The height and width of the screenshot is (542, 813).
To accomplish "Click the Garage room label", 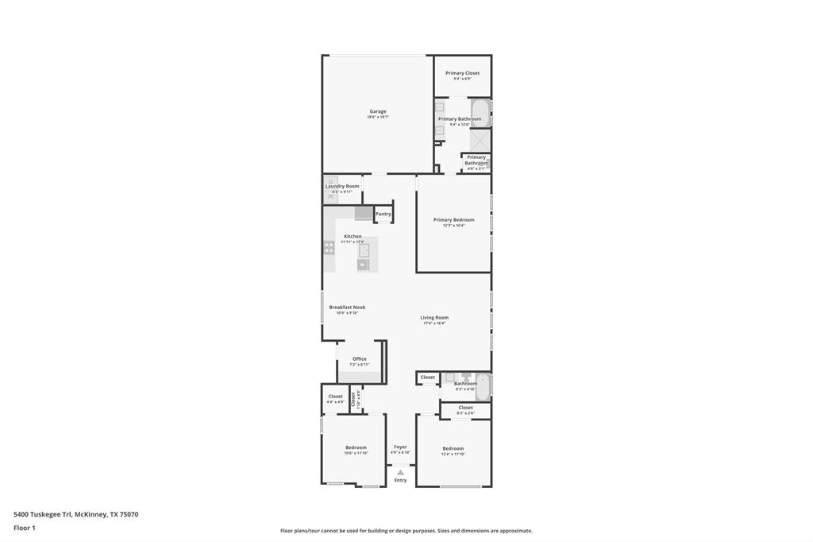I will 378,111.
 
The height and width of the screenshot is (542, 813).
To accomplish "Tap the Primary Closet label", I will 462,73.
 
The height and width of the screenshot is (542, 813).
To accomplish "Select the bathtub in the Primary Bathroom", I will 481,112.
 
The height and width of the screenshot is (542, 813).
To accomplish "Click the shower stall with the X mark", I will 480,140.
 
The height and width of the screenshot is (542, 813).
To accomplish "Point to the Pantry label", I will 383,214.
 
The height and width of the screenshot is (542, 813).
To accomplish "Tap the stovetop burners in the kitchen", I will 329,247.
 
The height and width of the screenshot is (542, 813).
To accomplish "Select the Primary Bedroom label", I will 453,220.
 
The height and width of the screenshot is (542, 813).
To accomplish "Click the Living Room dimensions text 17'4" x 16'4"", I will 434,323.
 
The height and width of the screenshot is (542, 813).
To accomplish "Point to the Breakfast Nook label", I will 347,307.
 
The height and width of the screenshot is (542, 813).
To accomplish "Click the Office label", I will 360,358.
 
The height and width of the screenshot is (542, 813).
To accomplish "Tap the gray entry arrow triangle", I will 400,472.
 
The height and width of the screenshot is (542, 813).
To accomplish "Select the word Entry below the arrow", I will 400,480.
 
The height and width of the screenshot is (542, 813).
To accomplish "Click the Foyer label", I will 400,447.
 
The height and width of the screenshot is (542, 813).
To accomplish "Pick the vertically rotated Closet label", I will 353,400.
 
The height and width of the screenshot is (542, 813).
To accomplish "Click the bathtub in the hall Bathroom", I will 483,386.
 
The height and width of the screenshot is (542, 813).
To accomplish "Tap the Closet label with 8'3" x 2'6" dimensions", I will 465,408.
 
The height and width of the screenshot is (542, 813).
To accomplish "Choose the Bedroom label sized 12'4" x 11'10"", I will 453,448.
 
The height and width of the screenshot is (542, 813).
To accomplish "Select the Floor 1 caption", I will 25,528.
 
